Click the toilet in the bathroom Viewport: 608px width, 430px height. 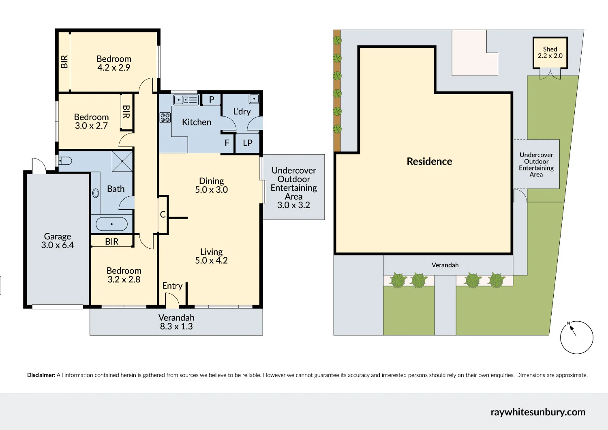tap(66, 161)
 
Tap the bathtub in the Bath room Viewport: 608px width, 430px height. tap(111, 224)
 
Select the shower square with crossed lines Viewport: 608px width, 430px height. tap(122, 161)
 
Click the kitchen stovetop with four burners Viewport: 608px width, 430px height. tap(165, 118)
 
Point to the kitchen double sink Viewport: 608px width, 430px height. tap(186, 99)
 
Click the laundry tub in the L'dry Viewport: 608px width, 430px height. tap(254, 99)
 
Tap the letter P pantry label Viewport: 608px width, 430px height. tap(212, 99)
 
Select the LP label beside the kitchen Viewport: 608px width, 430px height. tap(248, 143)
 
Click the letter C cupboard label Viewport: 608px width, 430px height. tap(163, 215)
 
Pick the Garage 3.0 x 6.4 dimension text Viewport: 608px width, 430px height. tap(58, 245)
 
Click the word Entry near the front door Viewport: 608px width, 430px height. tap(172, 286)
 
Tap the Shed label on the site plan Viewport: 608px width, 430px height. tap(550, 49)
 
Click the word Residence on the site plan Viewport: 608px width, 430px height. tap(429, 161)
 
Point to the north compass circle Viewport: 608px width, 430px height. tap(576, 337)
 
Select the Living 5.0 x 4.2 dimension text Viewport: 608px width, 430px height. tap(211, 260)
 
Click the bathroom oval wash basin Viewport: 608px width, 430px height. tap(96, 193)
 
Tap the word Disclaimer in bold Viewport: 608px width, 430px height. tap(41, 375)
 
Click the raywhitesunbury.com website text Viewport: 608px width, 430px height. tap(538, 412)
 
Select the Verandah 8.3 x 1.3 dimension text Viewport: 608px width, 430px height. tap(176, 326)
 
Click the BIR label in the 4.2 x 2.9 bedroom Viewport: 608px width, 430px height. tap(64, 62)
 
